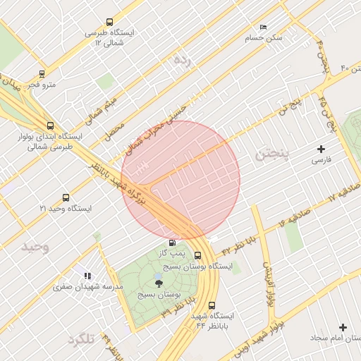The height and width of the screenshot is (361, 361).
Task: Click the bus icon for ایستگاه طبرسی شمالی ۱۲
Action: click(109, 22)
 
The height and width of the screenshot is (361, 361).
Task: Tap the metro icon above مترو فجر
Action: click(42, 73)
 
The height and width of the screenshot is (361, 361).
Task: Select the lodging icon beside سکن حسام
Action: click(264, 27)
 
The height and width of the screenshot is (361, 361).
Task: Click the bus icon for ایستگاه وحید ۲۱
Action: click(66, 198)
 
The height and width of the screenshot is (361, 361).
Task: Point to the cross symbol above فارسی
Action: click(322, 149)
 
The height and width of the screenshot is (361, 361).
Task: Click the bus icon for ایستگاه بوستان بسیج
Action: click(198, 256)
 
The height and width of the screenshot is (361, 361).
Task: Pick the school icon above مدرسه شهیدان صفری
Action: click(87, 276)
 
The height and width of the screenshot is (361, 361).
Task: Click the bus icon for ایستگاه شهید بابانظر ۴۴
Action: click(193, 305)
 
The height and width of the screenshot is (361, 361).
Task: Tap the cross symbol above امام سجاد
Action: click(343, 328)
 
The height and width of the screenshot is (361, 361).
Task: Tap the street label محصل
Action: click(116, 130)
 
